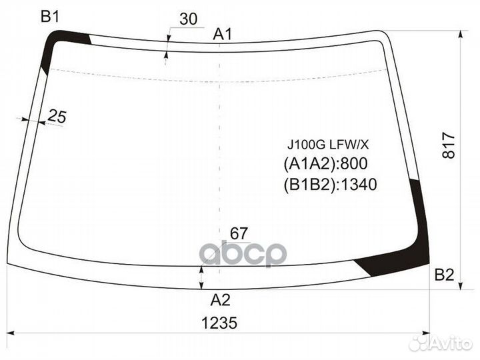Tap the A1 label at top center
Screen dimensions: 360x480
coord(223,35)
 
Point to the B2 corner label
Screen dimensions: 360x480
coord(444,274)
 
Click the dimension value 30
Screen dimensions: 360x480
coord(189,19)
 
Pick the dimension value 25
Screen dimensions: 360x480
coord(57,117)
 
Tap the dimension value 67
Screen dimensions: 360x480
coord(239,233)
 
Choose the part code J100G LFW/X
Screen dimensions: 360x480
coord(323,144)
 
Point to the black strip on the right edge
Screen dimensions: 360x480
coord(421,207)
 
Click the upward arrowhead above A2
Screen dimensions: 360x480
coord(202,268)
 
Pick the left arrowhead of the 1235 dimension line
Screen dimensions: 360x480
coord(17,333)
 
